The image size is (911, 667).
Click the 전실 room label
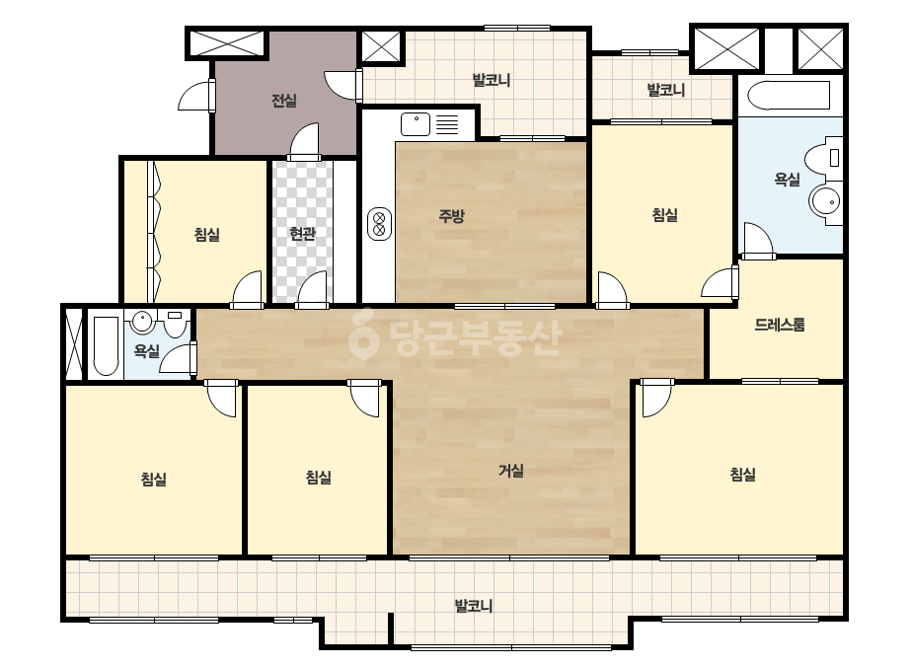284,101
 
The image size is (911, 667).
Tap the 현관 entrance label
302,234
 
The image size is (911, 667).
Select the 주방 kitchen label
451,216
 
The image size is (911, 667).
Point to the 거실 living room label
511,470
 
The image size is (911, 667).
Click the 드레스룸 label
780,325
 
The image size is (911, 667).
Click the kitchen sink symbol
416,124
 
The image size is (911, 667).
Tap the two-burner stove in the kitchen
379,224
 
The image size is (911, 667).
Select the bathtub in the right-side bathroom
789,96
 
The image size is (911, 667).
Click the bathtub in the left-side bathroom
106,345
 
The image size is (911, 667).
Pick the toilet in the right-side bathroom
823,158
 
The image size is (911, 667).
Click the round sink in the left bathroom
142,322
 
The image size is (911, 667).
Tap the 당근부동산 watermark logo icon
363,334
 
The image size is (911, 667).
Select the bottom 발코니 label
474,606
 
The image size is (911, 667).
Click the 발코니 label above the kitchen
492,80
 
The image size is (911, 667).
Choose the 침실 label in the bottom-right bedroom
742,475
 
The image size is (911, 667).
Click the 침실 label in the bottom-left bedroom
153,479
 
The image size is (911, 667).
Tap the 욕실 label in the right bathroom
787,180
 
